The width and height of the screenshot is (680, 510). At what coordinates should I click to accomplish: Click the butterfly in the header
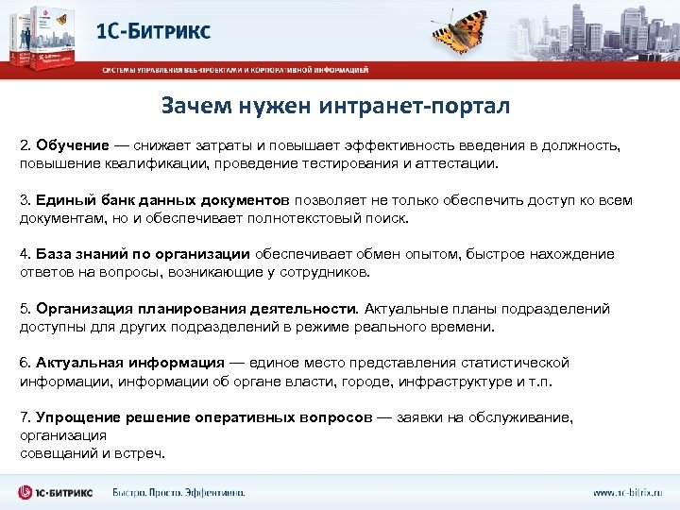[465, 29]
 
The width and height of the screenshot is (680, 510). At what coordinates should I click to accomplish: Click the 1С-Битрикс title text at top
[154, 31]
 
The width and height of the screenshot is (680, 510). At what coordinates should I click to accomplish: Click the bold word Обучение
[72, 146]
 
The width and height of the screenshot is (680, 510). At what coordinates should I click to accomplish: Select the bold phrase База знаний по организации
[142, 254]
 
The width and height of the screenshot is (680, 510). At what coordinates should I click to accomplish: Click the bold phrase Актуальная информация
[129, 363]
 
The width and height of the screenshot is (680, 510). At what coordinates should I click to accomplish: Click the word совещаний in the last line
[53, 453]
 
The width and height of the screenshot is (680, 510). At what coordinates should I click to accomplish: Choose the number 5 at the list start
[24, 309]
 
